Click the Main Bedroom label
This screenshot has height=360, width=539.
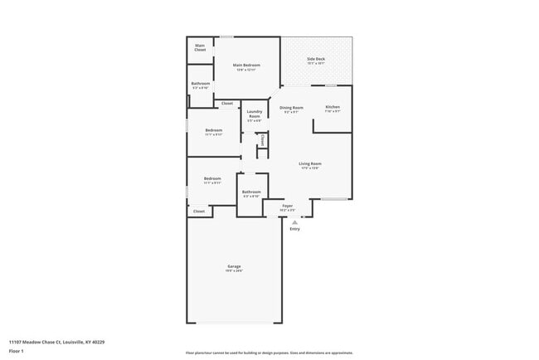click(x=246, y=66)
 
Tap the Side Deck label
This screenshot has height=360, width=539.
click(x=316, y=59)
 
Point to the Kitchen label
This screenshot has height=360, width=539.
click(x=332, y=107)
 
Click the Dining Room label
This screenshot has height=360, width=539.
click(x=291, y=108)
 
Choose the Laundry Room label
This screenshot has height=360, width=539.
click(x=255, y=114)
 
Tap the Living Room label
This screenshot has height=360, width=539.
click(x=310, y=163)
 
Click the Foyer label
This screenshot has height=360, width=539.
click(x=288, y=206)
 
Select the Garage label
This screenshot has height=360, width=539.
click(x=235, y=266)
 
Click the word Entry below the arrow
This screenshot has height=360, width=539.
click(x=294, y=229)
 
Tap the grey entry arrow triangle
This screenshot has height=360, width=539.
click(x=294, y=221)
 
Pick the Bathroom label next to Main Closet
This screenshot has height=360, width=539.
click(x=201, y=83)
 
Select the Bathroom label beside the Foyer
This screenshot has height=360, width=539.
click(x=251, y=192)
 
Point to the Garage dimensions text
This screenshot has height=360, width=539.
click(x=235, y=271)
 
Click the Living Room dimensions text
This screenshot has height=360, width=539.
click(x=310, y=168)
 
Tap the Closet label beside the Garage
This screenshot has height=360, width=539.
click(x=199, y=212)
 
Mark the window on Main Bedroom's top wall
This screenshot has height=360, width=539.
click(x=226, y=36)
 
